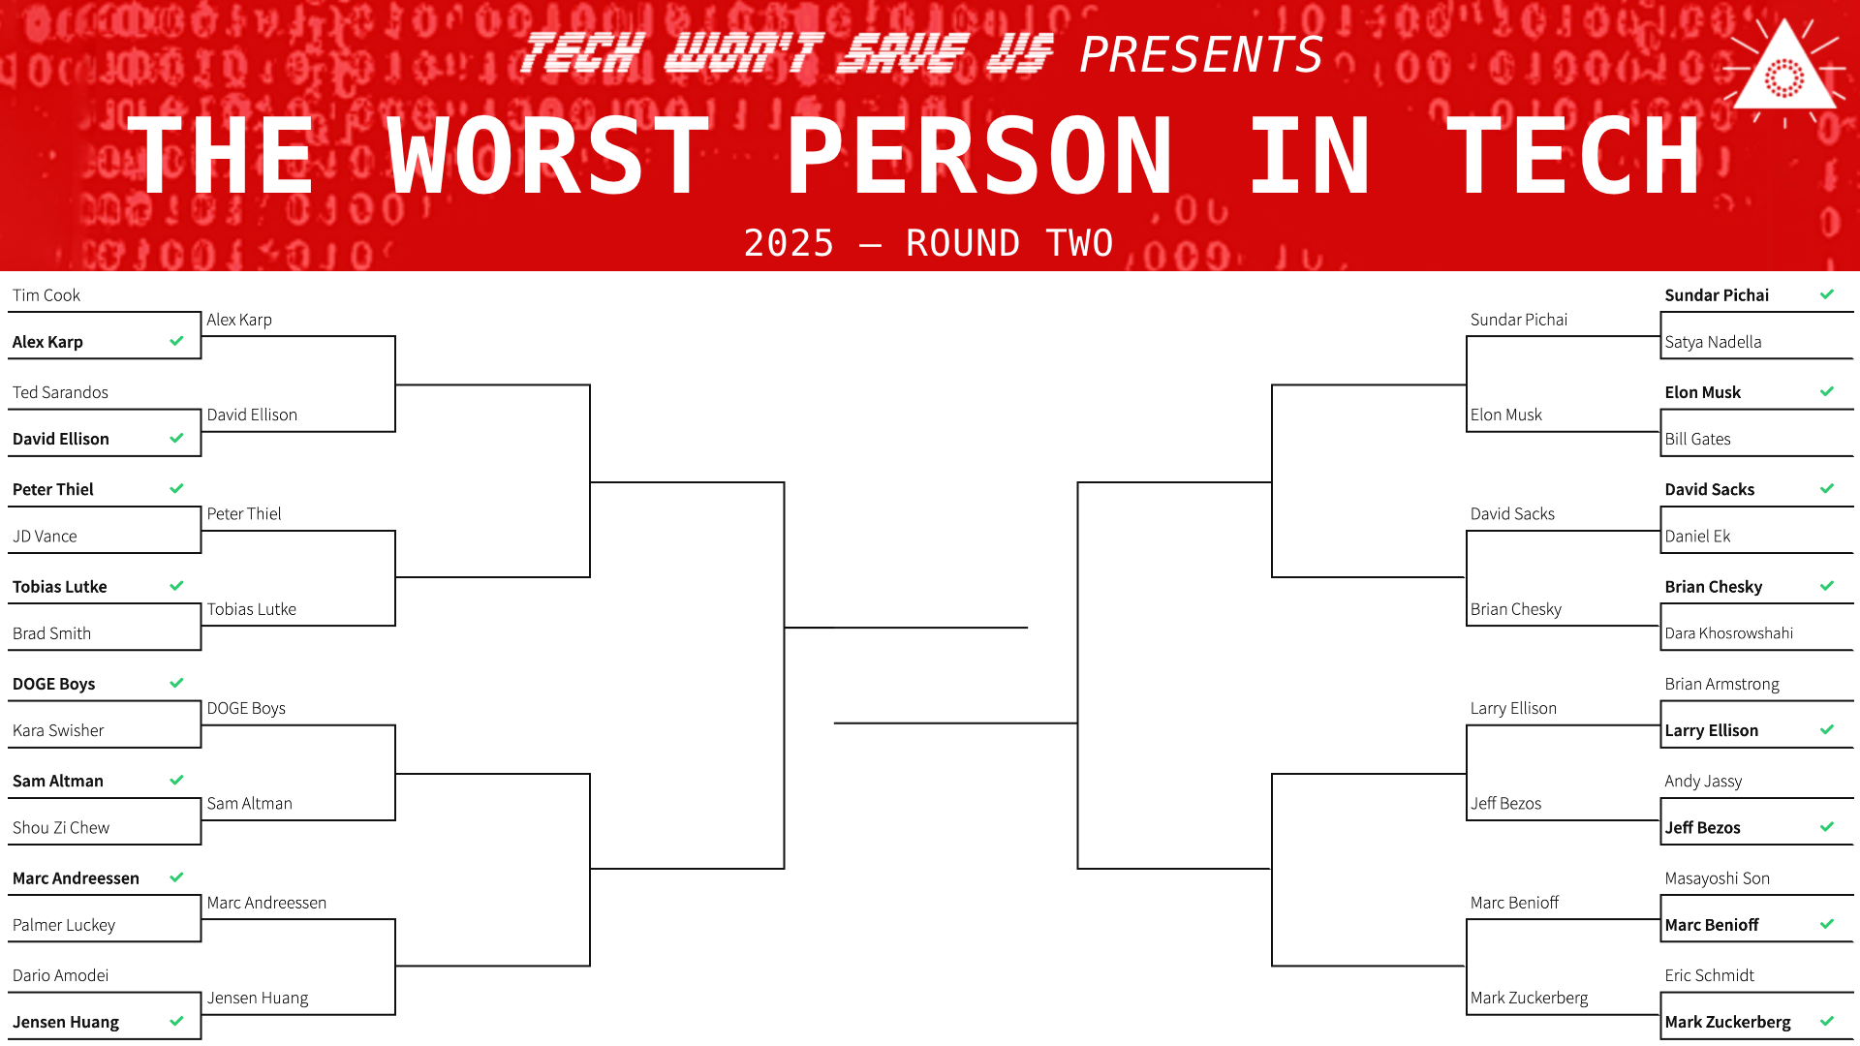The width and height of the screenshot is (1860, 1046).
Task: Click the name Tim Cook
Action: pos(46,295)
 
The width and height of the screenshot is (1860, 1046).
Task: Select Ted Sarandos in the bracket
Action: pos(60,392)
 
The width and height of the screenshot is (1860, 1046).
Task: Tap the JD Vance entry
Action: pos(45,537)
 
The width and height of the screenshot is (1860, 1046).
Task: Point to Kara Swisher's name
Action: pos(58,730)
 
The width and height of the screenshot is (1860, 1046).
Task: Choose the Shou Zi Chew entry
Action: pos(61,828)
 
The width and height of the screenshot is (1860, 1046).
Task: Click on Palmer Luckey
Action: pos(64,925)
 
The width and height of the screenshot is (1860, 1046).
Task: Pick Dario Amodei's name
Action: pos(60,975)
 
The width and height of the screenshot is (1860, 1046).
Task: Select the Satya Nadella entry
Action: pos(1713,342)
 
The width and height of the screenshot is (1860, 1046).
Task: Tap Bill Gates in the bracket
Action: pos(1697,439)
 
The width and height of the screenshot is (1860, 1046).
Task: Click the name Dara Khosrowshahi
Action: pos(1729,633)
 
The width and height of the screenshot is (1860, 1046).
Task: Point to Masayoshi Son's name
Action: pos(1717,878)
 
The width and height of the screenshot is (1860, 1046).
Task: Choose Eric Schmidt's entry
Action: pos(1709,975)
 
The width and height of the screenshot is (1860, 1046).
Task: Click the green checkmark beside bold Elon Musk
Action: pos(1827,391)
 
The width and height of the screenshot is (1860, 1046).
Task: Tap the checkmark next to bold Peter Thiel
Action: pos(176,488)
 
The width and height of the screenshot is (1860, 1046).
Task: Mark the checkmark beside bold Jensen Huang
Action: pos(176,1021)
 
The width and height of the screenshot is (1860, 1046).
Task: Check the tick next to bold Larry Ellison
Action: pos(1827,729)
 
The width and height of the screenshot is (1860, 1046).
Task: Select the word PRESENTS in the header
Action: pos(1201,54)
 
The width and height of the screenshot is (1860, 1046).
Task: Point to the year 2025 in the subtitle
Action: pos(789,243)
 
